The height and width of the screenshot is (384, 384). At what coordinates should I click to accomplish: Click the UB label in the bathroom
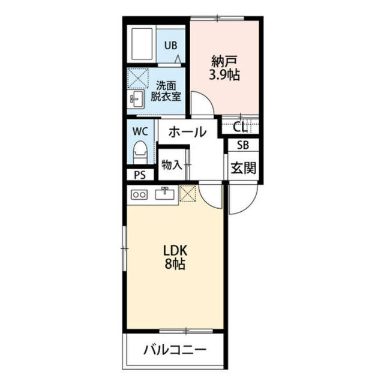tap(170, 46)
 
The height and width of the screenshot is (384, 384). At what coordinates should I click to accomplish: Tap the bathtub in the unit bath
tap(142, 44)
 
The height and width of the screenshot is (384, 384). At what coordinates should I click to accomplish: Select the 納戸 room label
tap(224, 62)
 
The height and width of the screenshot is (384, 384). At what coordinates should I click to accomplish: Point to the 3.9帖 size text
tap(224, 74)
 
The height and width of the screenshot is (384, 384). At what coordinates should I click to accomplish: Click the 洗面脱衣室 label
tap(166, 91)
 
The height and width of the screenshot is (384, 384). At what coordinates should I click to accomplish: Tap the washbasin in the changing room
tap(136, 98)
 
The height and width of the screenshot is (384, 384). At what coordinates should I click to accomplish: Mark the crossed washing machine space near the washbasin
tap(138, 79)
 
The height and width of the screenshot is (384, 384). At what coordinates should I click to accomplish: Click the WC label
tap(140, 131)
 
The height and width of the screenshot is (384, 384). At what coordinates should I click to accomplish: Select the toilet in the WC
tap(140, 152)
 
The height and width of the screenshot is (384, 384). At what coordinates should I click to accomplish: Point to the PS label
tap(140, 175)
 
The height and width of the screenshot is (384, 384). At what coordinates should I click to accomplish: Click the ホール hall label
tap(187, 132)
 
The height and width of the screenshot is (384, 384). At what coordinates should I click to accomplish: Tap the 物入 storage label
tap(172, 165)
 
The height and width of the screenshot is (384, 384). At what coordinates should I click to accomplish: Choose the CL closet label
tap(240, 127)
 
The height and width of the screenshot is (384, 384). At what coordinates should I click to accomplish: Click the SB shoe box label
tap(243, 145)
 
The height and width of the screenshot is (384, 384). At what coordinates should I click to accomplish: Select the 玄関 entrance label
tap(244, 168)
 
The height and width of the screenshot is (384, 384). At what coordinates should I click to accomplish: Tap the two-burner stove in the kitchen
tap(139, 195)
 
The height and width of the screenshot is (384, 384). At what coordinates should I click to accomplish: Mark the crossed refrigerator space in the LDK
tap(188, 193)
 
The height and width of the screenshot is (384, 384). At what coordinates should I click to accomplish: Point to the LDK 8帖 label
tap(175, 257)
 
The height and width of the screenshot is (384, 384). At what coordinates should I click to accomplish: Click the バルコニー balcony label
tap(175, 350)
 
